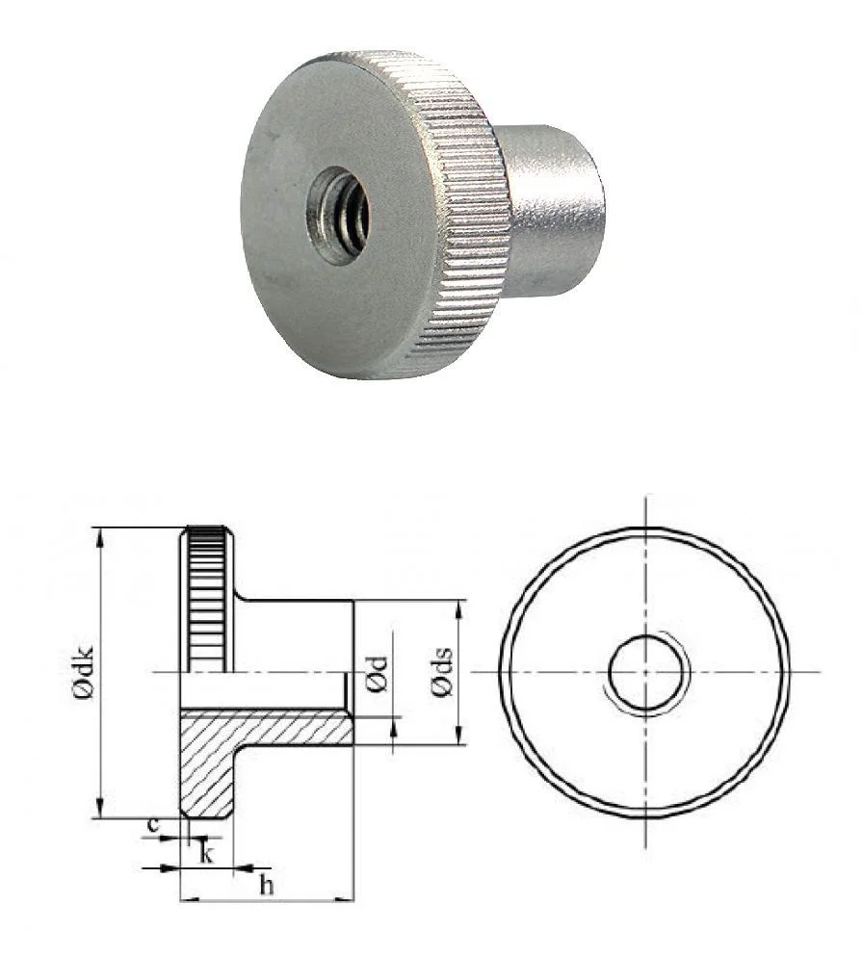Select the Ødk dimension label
(84, 671)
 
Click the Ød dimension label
(377, 674)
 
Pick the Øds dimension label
(442, 671)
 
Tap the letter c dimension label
(153, 825)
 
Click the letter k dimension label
(206, 854)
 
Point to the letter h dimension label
(266, 885)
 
